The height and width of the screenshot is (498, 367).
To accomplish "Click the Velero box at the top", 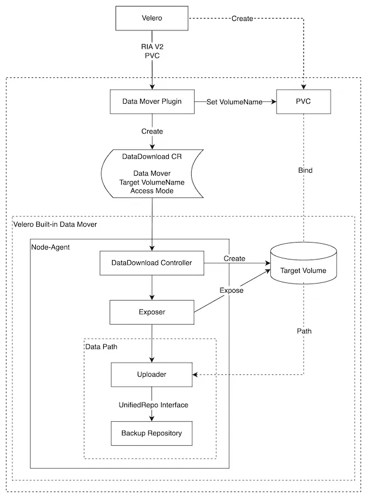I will pyautogui.click(x=152, y=19).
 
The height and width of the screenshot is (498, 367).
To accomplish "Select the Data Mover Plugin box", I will pyautogui.click(x=152, y=101).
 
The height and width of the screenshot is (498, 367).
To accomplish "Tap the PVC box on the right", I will pyautogui.click(x=303, y=101).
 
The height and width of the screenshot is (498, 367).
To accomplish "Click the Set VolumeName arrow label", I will pyautogui.click(x=235, y=102).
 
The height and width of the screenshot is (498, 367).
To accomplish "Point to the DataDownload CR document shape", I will pyautogui.click(x=152, y=173).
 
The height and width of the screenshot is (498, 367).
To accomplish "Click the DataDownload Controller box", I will pyautogui.click(x=152, y=262).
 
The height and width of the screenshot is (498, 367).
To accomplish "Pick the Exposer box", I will pyautogui.click(x=152, y=312).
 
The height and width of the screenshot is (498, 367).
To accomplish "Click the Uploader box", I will pyautogui.click(x=152, y=374).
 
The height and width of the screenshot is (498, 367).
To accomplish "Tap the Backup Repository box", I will pyautogui.click(x=152, y=433).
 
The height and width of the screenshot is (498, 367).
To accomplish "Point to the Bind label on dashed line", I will pyautogui.click(x=305, y=170).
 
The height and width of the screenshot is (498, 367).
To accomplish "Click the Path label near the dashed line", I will pyautogui.click(x=304, y=331).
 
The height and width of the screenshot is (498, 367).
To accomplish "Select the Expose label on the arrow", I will pyautogui.click(x=232, y=291).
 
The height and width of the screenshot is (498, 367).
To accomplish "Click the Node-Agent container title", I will pyautogui.click(x=50, y=247).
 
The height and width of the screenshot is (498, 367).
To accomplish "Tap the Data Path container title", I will pyautogui.click(x=101, y=347).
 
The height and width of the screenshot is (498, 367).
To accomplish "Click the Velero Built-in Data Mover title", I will pyautogui.click(x=55, y=224).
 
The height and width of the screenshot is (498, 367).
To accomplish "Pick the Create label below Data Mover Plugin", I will pyautogui.click(x=152, y=131).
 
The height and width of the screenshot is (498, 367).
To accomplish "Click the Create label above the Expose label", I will pyautogui.click(x=235, y=258).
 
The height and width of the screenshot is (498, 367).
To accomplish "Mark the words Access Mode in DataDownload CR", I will pyautogui.click(x=152, y=190).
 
